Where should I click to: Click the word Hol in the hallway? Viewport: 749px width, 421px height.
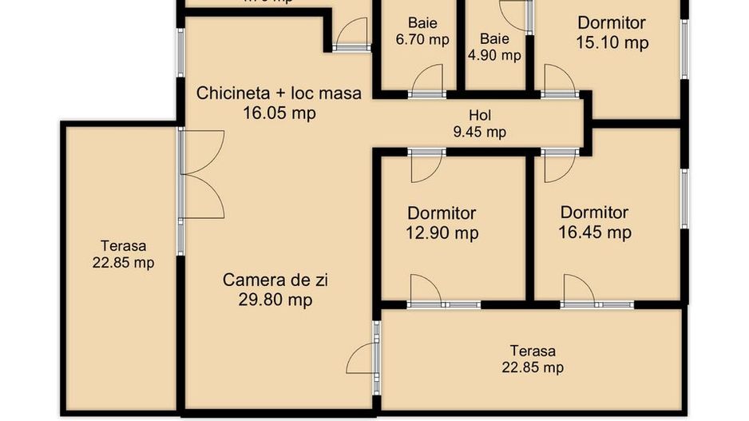coord(480,115)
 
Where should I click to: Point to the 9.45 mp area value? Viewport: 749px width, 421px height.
coord(480,132)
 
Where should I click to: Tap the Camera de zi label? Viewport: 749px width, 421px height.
coord(275,280)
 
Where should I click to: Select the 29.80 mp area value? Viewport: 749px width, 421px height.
coord(275,300)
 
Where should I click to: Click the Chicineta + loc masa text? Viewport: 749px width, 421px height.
coord(279,93)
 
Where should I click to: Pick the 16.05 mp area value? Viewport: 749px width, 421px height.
coord(279,113)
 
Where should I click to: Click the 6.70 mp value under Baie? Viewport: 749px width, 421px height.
coord(422,39)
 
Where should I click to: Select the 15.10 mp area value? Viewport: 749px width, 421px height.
coord(612,42)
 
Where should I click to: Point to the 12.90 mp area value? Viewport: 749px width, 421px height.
coord(442,233)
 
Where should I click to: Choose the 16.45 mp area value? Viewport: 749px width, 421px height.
coord(595,232)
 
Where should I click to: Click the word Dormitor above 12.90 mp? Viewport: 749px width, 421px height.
coord(442,213)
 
